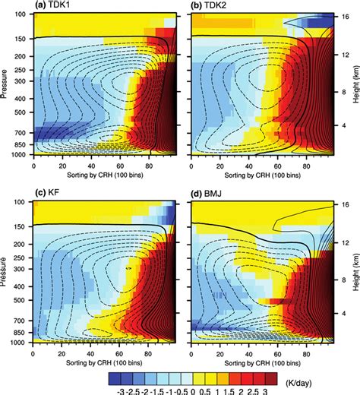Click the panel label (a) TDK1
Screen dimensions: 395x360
55,6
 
